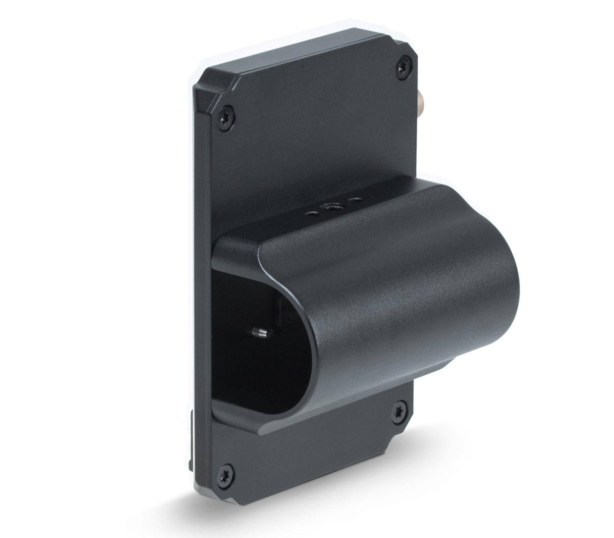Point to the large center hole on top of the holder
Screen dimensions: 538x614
(x=330, y=208)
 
